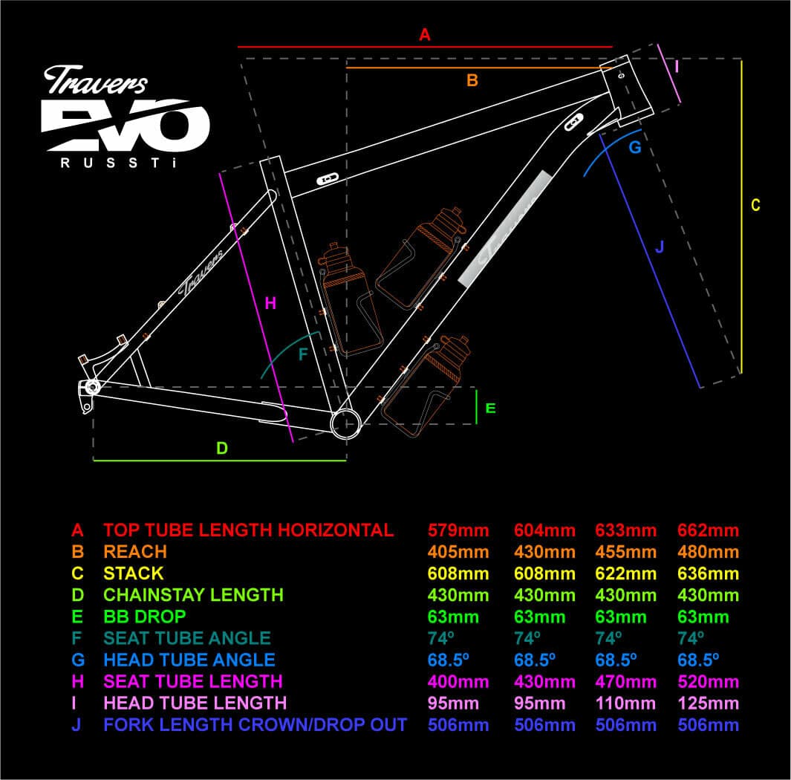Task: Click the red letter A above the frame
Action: [425, 35]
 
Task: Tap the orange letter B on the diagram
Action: [472, 80]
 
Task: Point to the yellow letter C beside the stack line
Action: [755, 205]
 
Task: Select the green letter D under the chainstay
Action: [222, 448]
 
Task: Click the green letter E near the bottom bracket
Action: [490, 408]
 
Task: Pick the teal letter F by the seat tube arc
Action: [303, 354]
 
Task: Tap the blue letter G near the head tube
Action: [634, 147]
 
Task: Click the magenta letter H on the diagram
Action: [270, 303]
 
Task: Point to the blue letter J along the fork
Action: [659, 247]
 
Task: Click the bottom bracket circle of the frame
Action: [345, 423]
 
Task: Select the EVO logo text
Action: [125, 125]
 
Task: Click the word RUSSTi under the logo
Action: [119, 163]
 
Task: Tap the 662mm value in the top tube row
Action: [708, 530]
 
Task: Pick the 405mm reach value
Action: [458, 552]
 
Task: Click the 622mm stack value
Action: [626, 573]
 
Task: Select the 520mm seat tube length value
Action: [708, 682]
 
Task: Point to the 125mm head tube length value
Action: [708, 703]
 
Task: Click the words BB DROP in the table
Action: [145, 617]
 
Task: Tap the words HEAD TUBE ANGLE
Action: [189, 660]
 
